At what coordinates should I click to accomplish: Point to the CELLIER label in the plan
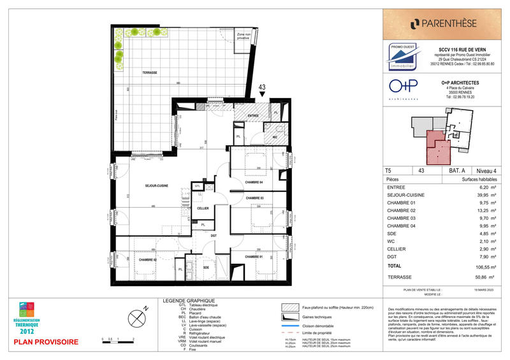tap(203, 208)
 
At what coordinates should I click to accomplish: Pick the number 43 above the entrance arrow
tap(262, 88)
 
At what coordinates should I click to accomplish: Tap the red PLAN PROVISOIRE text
tap(46, 342)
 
